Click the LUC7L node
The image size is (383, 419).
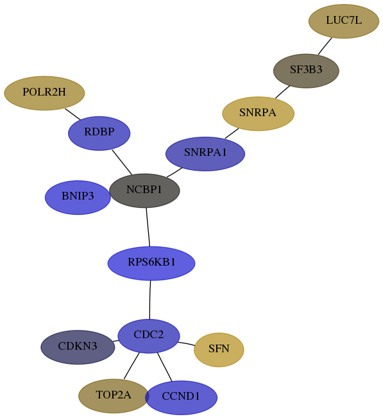click(x=344, y=21)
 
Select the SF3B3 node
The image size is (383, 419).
click(x=306, y=71)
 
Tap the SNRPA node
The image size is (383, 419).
click(x=259, y=114)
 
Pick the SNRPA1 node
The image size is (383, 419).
click(x=205, y=154)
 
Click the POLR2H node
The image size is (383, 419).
click(x=44, y=93)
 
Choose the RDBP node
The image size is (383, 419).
click(x=99, y=133)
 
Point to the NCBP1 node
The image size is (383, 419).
click(x=144, y=191)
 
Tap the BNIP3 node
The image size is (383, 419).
click(x=78, y=198)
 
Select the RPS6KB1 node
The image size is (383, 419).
click(x=151, y=264)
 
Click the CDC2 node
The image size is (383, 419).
click(x=149, y=336)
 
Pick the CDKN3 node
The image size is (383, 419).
click(x=78, y=347)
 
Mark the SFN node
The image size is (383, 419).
click(x=219, y=350)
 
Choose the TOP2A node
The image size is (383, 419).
click(x=114, y=396)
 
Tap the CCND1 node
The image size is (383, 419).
click(x=182, y=398)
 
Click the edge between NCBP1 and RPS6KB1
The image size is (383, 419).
click(x=148, y=227)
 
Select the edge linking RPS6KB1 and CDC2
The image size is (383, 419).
click(x=150, y=300)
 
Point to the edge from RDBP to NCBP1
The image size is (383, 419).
click(x=122, y=162)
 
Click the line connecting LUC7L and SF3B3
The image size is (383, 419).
click(x=325, y=46)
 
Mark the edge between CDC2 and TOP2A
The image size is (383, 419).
click(x=132, y=366)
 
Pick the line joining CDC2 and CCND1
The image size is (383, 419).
click(x=164, y=367)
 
